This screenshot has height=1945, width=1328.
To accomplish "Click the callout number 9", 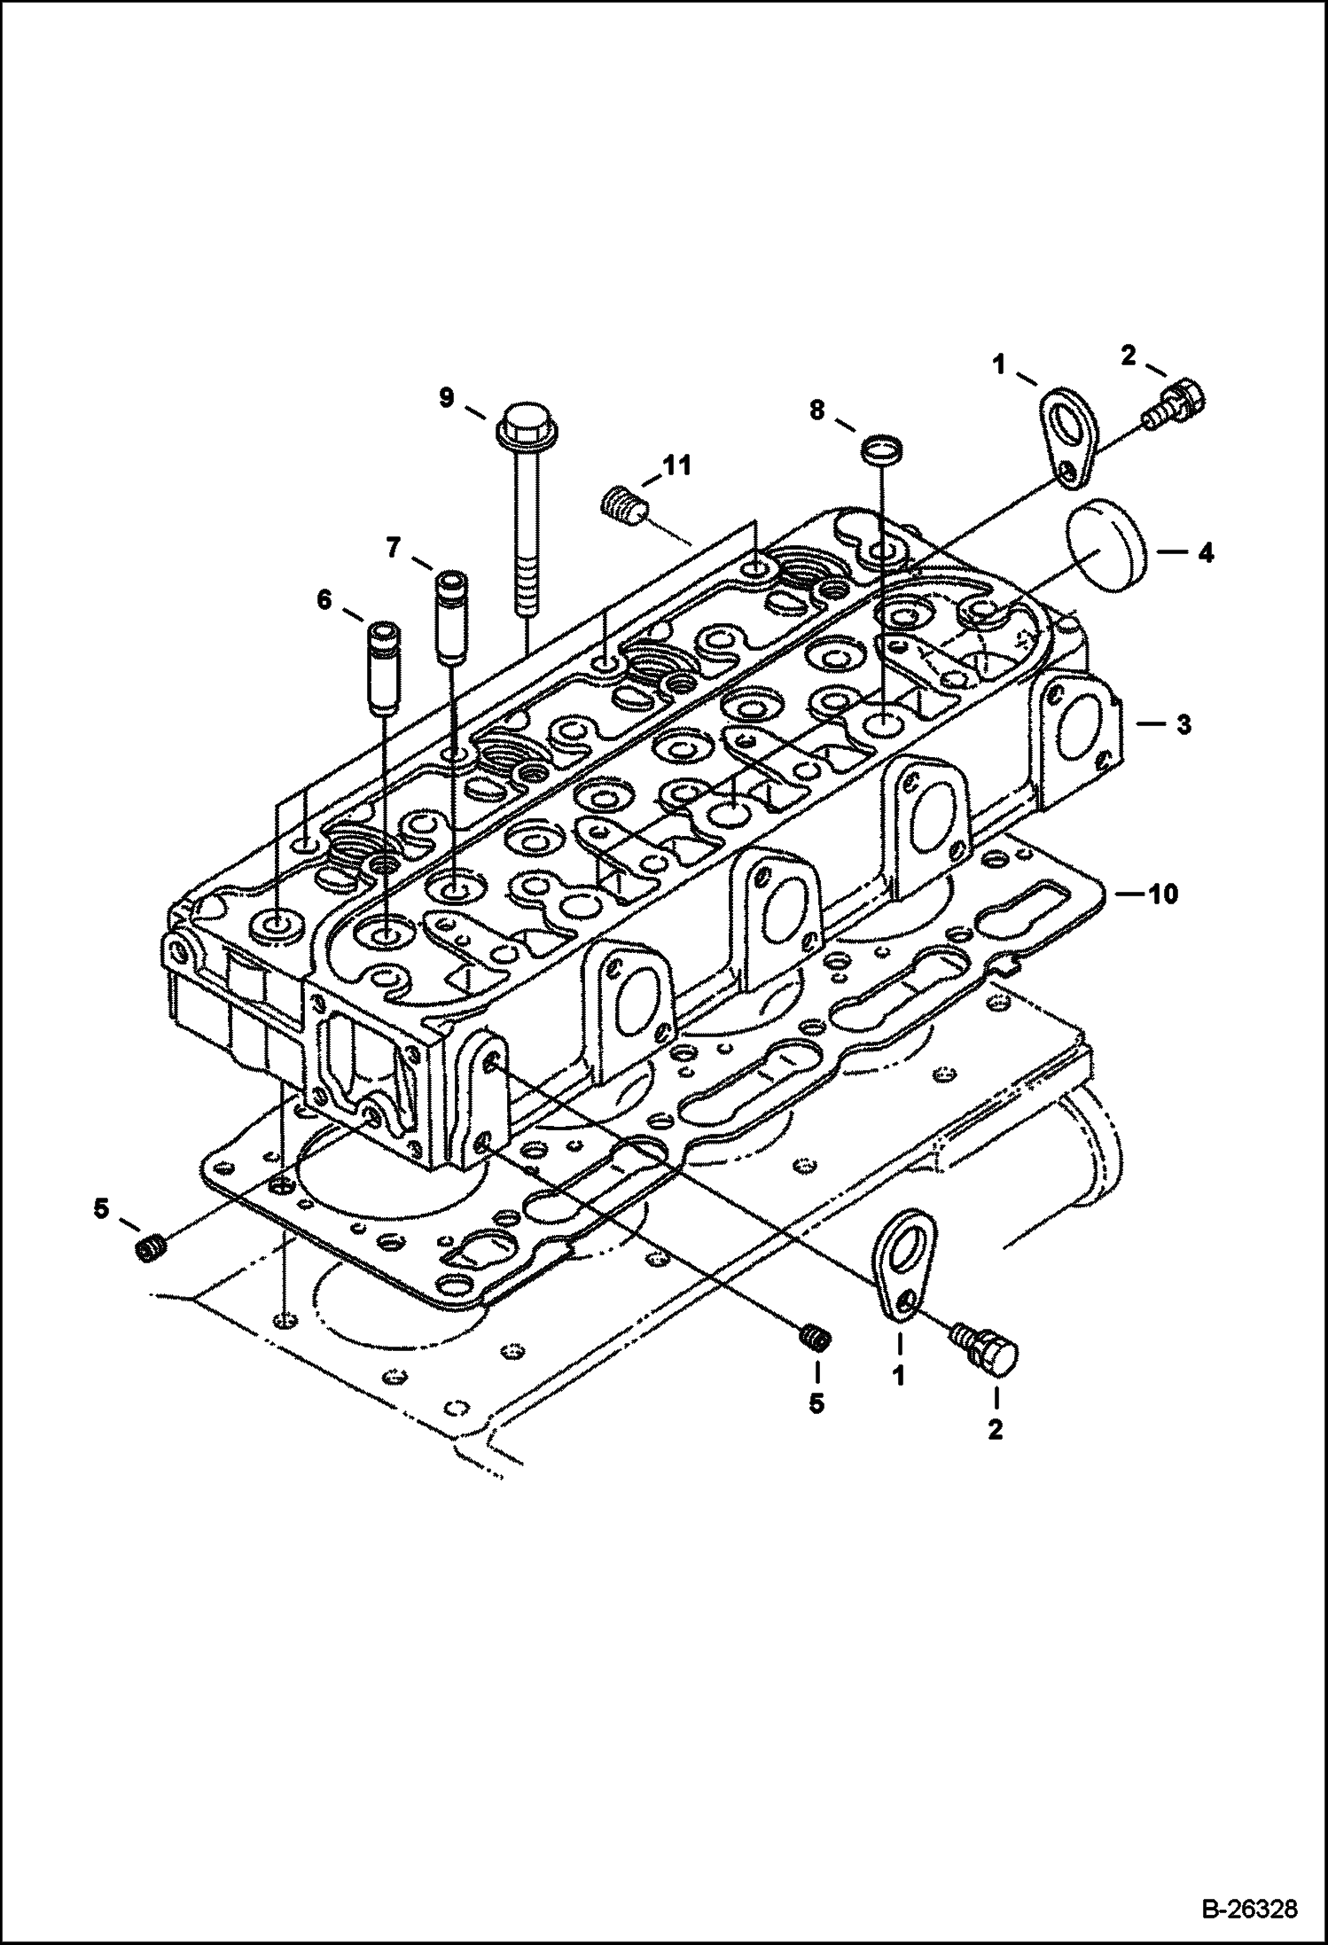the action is click(446, 398).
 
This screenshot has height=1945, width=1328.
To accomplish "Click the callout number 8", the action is click(816, 410).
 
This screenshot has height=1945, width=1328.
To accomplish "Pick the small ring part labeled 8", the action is click(881, 449).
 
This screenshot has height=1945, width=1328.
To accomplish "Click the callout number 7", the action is click(394, 549).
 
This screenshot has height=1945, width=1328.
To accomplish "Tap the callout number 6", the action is click(324, 601).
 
